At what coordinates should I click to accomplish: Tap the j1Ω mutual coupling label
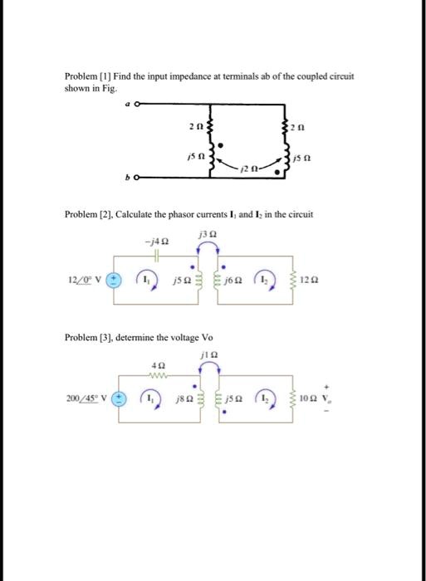(x=208, y=357)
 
